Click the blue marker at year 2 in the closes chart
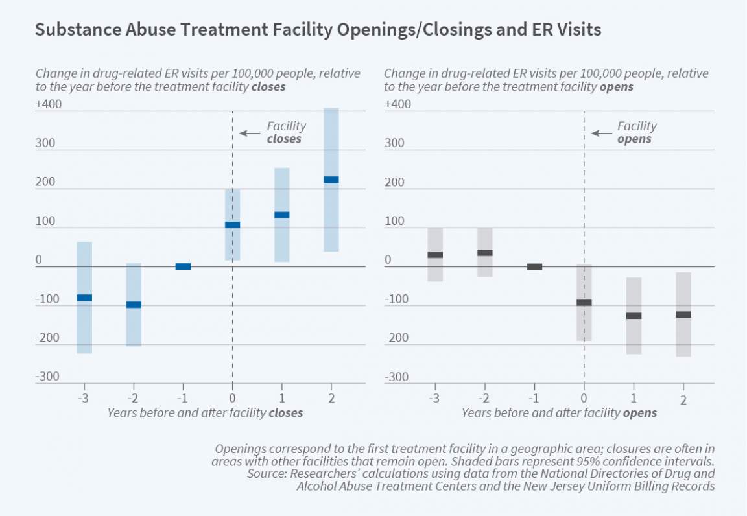[331, 180]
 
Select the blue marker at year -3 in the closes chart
[84, 298]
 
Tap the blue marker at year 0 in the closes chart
[232, 225]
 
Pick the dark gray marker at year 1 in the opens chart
[634, 316]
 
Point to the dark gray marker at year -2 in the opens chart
[485, 253]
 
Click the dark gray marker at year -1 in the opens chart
[534, 266]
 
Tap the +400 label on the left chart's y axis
[49, 105]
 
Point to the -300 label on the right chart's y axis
[396, 377]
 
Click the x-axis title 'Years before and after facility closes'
[205, 413]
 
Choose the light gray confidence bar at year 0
[584, 324]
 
